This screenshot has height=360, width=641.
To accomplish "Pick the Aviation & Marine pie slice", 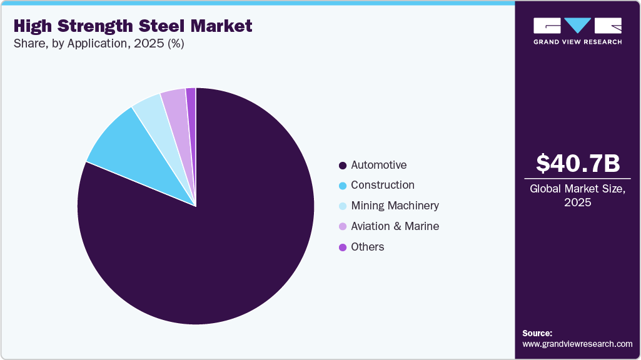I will [176, 103].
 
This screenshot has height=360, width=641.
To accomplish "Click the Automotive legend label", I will [378, 165].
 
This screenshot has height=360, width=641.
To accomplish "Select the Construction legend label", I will [382, 185].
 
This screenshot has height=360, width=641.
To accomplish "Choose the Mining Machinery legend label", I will [395, 206].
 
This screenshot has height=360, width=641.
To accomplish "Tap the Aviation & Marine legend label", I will [395, 226].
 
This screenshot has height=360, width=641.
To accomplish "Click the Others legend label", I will [367, 247].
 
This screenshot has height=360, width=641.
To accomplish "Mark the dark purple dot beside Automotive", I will [342, 166].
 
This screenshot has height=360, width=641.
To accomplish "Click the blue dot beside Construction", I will [342, 186].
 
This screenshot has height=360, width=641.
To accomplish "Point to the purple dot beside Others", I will [342, 247].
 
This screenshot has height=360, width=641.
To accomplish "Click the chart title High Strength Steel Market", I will [133, 26].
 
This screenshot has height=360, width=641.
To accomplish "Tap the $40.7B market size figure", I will [578, 163].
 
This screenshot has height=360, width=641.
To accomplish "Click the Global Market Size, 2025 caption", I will [578, 196].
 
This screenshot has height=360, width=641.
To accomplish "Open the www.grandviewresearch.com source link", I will [577, 344].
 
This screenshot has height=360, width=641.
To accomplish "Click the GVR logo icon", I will [577, 26].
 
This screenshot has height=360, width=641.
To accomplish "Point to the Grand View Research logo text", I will [577, 42].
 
